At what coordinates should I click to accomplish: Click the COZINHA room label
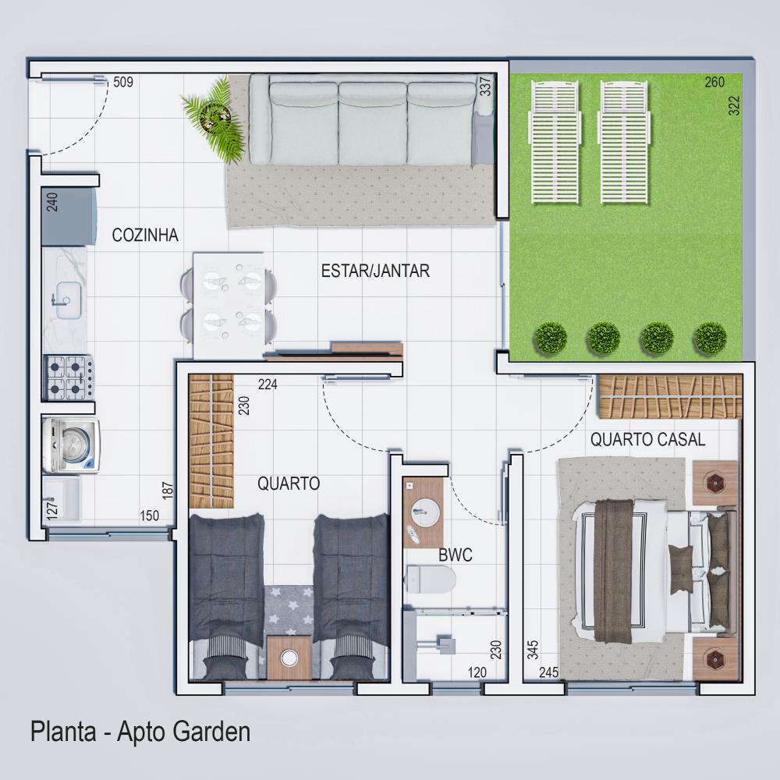pos(146,235)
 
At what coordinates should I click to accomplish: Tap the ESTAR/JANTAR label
pos(375,271)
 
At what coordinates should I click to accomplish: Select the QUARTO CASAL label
pos(647,440)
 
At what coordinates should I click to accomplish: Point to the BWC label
pos(455,555)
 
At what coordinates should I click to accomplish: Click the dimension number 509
pos(123,82)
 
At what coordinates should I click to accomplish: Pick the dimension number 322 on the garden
pos(734,105)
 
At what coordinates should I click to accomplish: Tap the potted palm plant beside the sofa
pos(211,117)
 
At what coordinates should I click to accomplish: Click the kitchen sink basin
pos(67,297)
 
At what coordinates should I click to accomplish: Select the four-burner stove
pos(68,377)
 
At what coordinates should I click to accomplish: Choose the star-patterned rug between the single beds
pos(289,608)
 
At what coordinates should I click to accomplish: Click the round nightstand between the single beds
pos(289,657)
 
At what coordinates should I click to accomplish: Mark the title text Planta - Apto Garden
pos(140,732)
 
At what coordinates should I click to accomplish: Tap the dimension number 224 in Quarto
pos(268,384)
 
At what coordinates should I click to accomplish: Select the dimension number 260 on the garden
pos(714,82)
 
